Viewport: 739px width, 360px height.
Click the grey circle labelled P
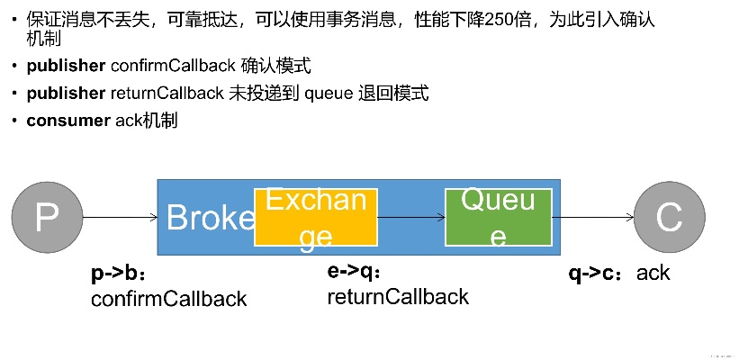pos(47,216)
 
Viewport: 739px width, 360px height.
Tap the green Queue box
pos(497,217)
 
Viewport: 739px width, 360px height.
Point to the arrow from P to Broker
pos(119,217)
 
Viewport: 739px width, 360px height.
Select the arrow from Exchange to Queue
pos(411,217)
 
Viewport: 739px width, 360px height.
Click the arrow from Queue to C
pos(597,217)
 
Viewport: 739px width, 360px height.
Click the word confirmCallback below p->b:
pos(169,299)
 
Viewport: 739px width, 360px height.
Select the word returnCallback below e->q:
pos(398,296)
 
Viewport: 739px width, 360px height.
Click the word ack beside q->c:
pos(653,273)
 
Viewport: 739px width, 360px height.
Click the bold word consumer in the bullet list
pos(68,121)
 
